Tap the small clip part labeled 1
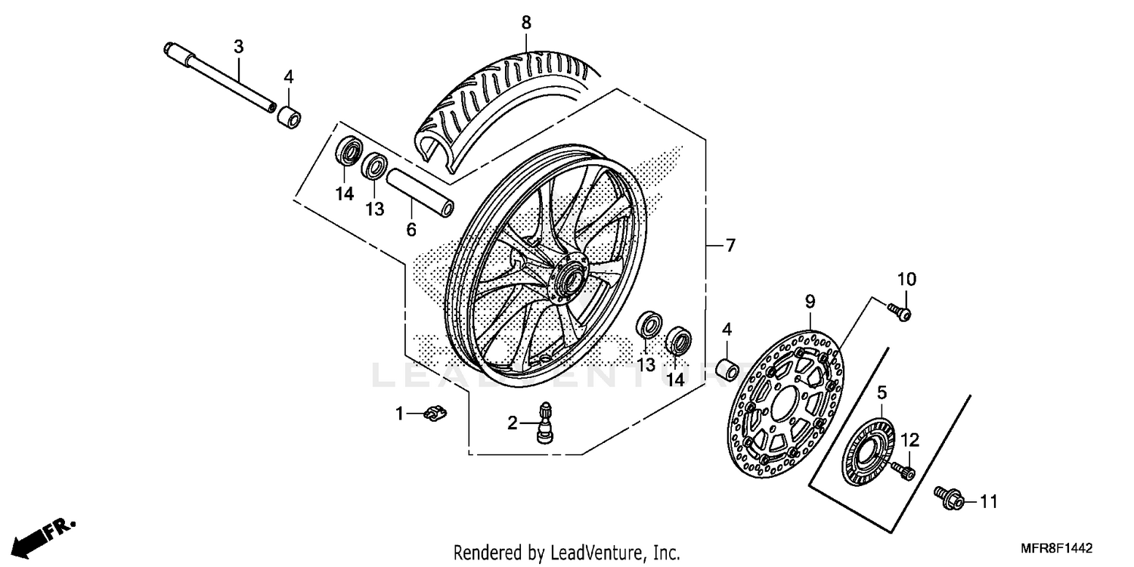[433, 413]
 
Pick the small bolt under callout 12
[903, 471]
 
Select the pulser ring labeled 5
[869, 454]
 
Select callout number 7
[730, 246]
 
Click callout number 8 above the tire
[526, 23]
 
